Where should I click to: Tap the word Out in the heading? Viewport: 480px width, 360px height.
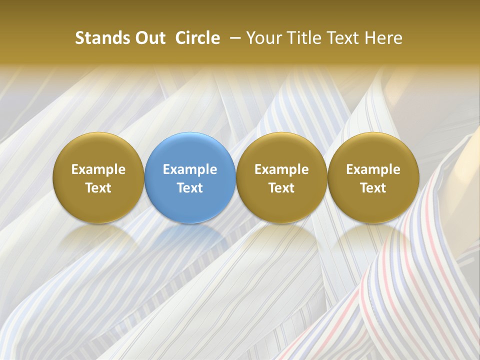point(149,38)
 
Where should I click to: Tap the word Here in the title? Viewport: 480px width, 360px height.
point(384,38)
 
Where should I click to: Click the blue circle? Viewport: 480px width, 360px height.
point(190,150)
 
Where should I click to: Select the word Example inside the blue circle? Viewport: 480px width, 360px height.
point(190,169)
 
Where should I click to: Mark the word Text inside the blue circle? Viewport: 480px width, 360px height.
point(190,188)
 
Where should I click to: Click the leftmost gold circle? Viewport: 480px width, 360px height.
point(98,150)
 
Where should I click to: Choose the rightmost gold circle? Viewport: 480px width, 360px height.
point(373,150)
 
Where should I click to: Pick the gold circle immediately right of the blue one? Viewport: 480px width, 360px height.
point(281,150)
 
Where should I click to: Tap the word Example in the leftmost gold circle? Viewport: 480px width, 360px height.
point(98,169)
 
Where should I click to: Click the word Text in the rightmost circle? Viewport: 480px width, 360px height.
point(373,188)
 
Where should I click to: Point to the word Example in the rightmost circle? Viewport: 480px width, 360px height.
point(373,169)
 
